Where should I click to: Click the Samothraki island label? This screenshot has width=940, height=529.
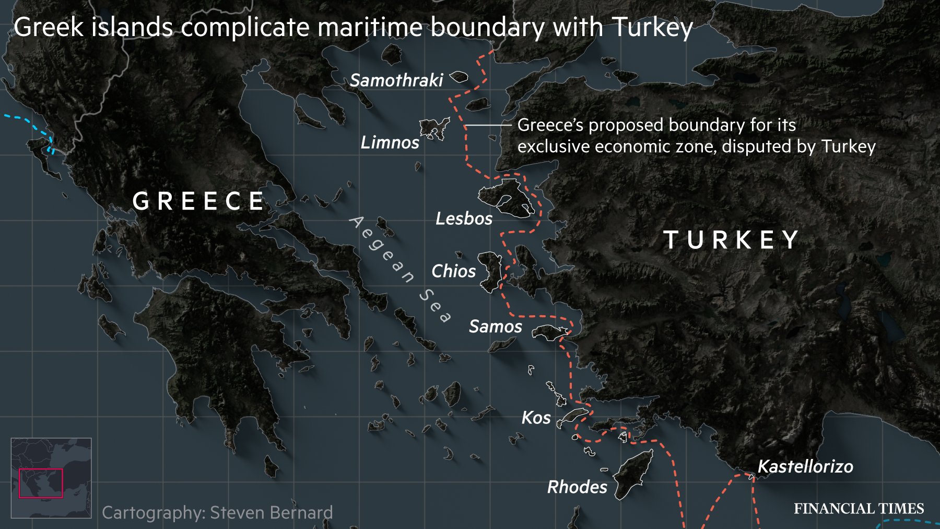point(396,80)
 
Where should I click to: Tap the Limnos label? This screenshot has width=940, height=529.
point(390,142)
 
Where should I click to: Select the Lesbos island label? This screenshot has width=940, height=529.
point(464,218)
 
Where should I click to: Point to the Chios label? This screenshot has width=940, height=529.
point(453,271)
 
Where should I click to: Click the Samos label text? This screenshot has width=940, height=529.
point(495,326)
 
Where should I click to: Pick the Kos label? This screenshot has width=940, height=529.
point(536,418)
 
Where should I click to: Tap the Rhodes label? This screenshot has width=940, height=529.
point(577,487)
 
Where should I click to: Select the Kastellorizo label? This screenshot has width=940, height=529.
point(805,466)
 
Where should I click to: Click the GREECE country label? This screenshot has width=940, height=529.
point(198,201)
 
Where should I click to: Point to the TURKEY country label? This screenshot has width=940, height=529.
point(731,240)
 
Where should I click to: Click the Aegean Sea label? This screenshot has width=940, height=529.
point(399,269)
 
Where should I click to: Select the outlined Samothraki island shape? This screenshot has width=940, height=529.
point(459,77)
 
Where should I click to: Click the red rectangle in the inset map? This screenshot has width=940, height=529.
point(41,483)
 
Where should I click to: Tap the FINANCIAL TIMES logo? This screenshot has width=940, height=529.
point(859,509)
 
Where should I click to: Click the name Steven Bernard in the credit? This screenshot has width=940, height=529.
point(271,513)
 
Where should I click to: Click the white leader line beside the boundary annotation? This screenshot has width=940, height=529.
point(488,125)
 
